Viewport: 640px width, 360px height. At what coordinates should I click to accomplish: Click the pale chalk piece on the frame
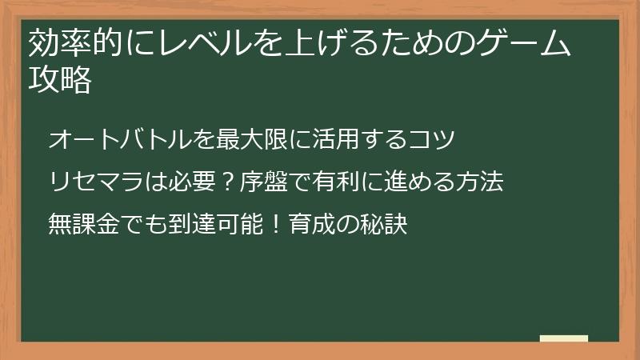point(564,338)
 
